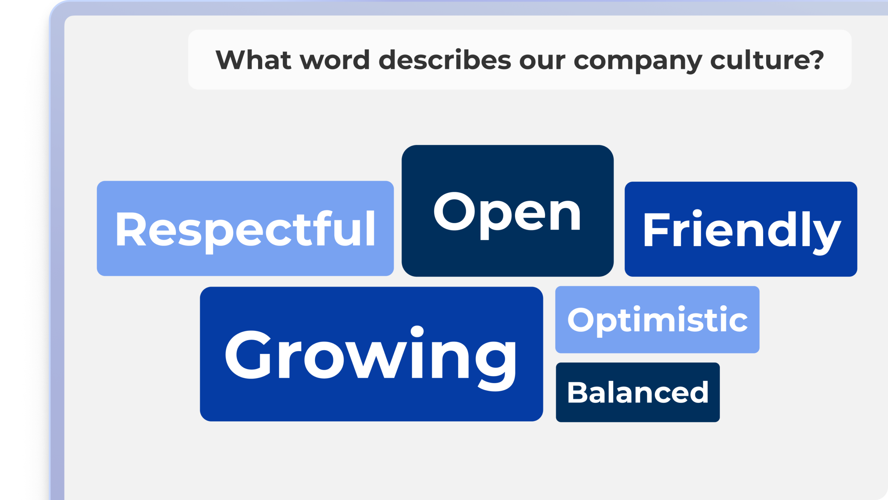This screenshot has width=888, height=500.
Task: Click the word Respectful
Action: coord(245,229)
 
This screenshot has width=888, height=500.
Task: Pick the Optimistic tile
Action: coord(657,320)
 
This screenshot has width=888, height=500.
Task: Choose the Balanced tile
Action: coord(638,393)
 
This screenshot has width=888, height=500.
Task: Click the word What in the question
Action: coord(254,60)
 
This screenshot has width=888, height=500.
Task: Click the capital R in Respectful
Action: coord(130,229)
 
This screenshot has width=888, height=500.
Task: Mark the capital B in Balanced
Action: coord(577,393)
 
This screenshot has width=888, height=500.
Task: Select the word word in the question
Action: coord(335,60)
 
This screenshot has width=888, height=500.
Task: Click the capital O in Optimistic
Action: coord(581,320)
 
